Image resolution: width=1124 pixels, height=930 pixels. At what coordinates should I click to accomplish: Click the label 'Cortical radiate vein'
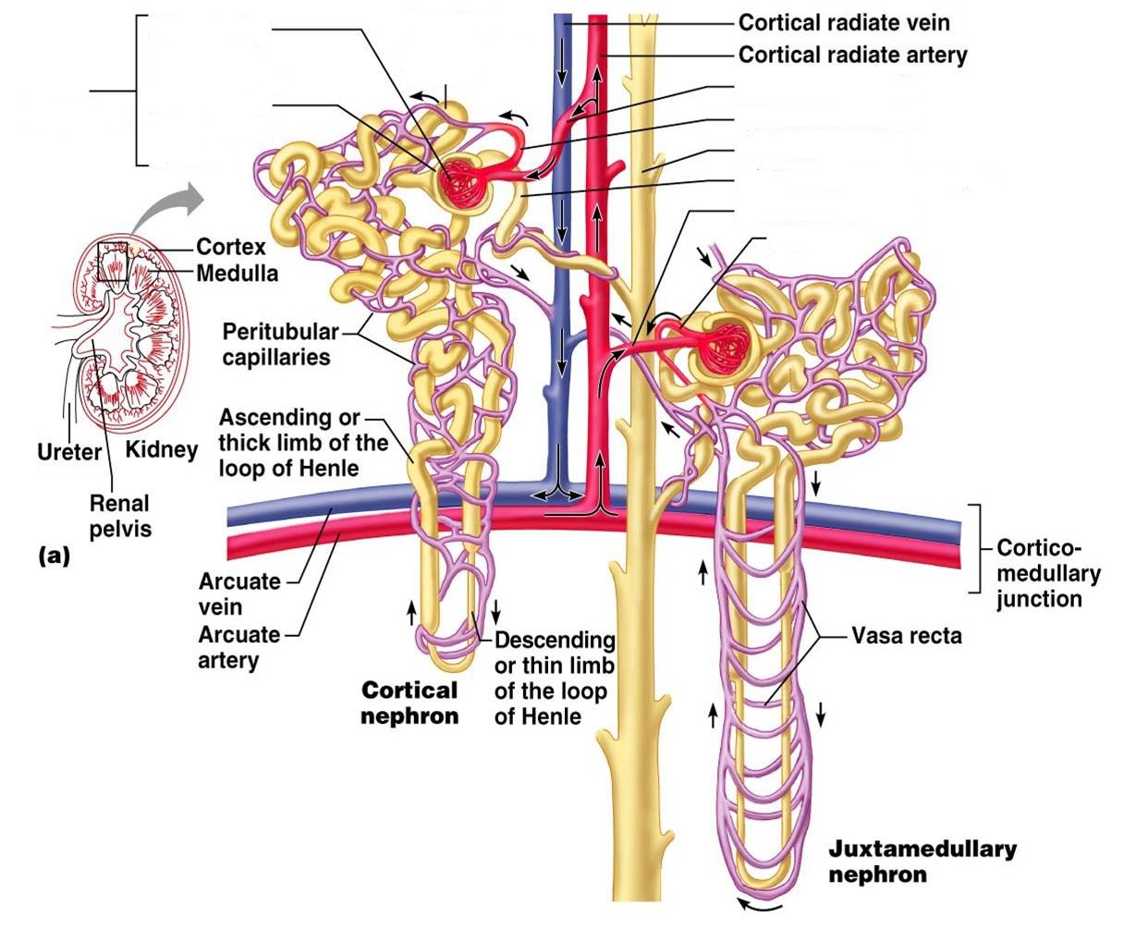(843, 22)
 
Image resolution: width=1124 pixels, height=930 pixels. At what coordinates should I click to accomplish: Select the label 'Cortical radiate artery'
(852, 55)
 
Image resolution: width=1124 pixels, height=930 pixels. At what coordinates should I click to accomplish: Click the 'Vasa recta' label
(906, 636)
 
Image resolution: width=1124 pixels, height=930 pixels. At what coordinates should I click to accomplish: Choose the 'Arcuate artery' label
(238, 647)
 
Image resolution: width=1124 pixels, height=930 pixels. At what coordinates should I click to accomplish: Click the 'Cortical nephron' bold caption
(409, 703)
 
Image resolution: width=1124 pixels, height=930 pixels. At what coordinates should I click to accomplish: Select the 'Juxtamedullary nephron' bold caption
(922, 861)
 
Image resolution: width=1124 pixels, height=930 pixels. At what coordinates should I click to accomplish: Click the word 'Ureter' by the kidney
(68, 452)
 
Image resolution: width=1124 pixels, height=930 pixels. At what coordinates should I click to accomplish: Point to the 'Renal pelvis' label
(119, 516)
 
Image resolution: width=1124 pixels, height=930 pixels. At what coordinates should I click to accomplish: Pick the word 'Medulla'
(237, 273)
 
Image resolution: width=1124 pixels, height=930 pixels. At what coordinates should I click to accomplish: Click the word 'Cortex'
(231, 247)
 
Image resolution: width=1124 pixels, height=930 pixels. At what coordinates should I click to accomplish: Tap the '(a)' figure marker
(54, 556)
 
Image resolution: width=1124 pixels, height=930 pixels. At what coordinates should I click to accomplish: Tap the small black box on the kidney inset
(111, 261)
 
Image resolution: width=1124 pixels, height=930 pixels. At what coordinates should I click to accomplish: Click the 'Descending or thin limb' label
(555, 678)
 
